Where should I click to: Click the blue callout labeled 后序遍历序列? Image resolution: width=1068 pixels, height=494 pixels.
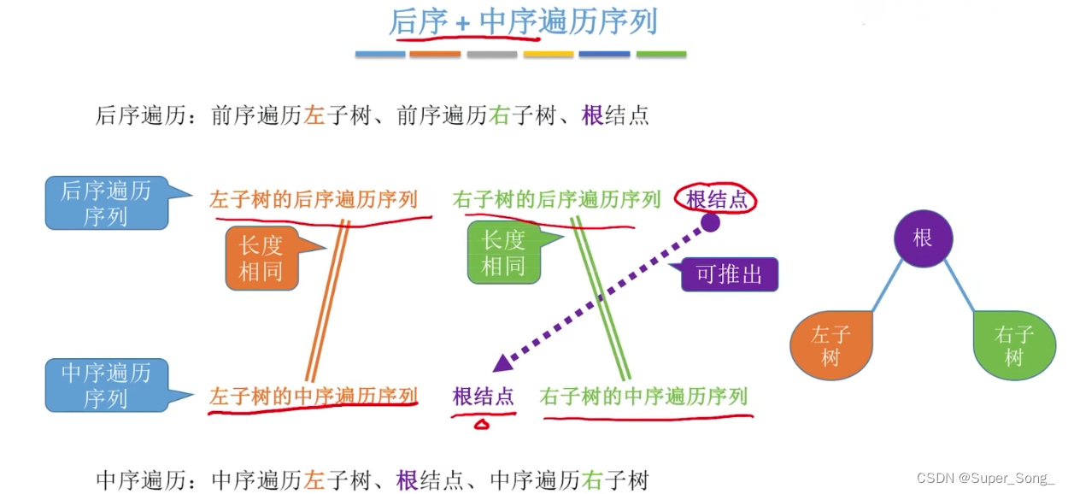click(105, 203)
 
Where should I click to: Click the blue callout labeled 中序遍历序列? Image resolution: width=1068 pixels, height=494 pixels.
click(105, 385)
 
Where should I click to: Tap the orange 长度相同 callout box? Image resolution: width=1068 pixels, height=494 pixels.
click(261, 257)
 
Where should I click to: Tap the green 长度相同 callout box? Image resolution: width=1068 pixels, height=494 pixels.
click(503, 253)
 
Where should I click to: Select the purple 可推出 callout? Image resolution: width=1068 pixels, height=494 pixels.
click(729, 275)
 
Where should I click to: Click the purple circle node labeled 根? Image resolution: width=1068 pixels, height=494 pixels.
click(923, 238)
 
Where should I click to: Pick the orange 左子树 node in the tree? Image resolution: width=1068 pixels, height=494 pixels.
click(831, 346)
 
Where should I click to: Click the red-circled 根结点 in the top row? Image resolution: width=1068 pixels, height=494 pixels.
click(717, 200)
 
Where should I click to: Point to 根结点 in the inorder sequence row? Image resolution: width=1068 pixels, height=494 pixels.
click(484, 397)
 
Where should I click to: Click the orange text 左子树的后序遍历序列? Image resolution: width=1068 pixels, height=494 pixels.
click(314, 200)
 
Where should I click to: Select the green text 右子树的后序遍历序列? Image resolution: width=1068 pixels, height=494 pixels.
click(557, 200)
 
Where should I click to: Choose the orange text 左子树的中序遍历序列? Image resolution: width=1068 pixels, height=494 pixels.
click(314, 396)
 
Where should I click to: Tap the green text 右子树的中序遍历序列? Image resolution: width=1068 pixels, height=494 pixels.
click(643, 396)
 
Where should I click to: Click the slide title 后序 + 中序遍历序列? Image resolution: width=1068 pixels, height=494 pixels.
click(523, 22)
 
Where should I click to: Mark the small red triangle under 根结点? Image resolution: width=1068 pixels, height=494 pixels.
click(482, 423)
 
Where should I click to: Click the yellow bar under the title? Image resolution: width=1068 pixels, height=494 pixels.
click(549, 55)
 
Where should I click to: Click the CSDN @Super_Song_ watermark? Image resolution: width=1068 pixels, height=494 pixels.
click(986, 478)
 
